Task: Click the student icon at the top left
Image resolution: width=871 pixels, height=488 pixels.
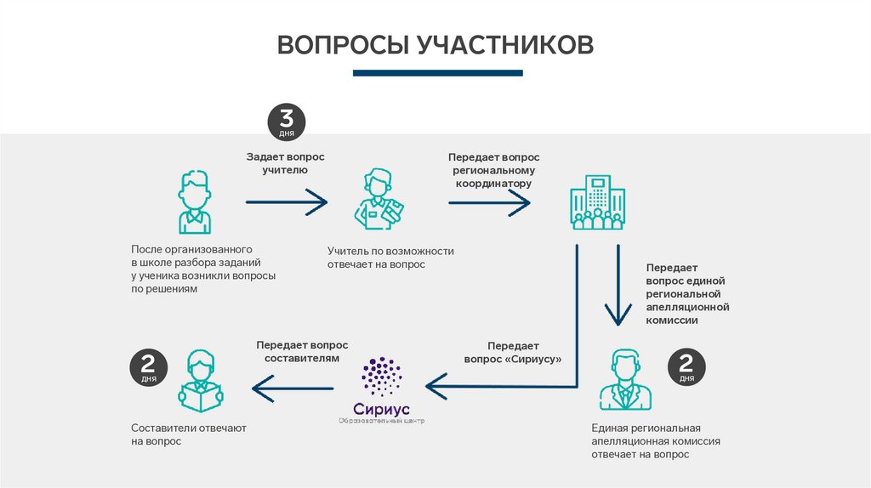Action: pos(194,201)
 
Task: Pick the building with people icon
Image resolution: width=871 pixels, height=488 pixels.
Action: pos(595,202)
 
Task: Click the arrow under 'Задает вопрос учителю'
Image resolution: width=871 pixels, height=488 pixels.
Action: pos(286,202)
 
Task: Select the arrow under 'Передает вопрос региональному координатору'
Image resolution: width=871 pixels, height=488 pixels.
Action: pos(489,202)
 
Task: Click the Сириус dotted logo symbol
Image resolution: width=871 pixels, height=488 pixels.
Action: pos(382,376)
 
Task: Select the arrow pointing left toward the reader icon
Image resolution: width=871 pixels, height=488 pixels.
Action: pos(293,388)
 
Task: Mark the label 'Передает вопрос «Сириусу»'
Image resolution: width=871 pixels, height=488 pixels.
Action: pos(513,353)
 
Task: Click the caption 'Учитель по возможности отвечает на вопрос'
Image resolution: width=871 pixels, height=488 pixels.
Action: pos(390,258)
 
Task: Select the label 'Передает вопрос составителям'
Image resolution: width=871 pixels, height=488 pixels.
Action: pos(302,352)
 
